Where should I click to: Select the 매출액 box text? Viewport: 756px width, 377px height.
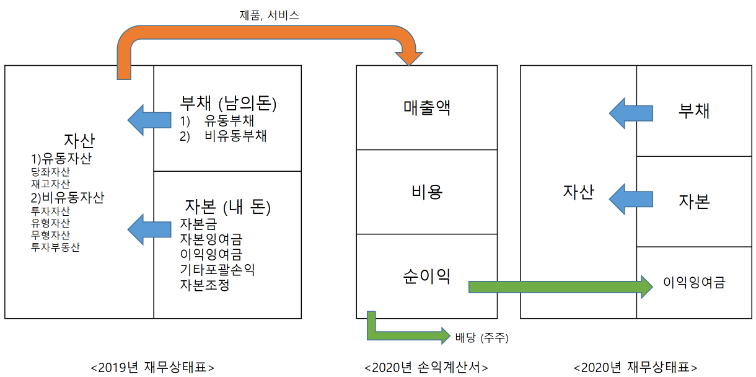427,107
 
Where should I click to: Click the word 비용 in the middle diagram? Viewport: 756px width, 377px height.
427,192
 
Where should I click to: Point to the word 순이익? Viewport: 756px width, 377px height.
427,276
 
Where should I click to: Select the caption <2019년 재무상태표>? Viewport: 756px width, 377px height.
152,366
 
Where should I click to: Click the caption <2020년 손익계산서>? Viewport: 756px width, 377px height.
426,366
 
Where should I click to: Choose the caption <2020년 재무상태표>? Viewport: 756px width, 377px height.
635,366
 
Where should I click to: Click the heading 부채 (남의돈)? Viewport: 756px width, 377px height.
228,103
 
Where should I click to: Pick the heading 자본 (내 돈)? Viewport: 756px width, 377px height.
228,206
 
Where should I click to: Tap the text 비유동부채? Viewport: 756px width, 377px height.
235,136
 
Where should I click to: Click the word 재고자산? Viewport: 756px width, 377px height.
50,184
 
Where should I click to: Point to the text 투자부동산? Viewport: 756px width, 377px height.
55,247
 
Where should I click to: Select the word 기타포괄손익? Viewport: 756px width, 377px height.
217,270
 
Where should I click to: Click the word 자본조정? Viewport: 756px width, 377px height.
204,285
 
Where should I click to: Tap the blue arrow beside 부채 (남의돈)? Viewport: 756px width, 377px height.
149,120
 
